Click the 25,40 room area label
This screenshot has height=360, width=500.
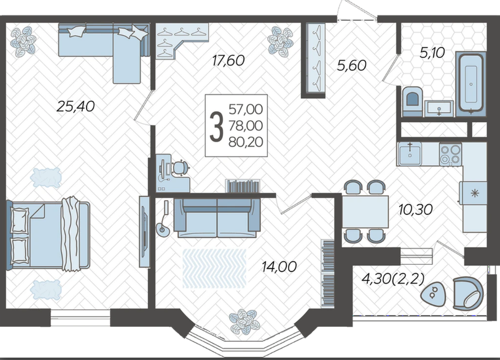[76, 106]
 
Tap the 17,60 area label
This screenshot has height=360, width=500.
[228, 60]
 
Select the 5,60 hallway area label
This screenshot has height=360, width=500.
[352, 65]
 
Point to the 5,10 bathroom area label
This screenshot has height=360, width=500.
[432, 52]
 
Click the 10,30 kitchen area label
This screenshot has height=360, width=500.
[415, 209]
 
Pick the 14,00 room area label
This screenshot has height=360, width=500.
[279, 267]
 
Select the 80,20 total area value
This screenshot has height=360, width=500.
[246, 142]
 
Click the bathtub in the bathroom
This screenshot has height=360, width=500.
[471, 84]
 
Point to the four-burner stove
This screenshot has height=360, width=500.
[450, 154]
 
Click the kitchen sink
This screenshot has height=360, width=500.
[410, 154]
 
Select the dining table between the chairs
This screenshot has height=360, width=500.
[365, 212]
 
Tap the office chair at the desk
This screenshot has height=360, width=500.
[179, 167]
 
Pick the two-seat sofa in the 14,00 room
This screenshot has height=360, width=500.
[217, 218]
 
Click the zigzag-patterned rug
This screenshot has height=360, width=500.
[214, 269]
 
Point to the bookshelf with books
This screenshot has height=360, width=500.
[243, 186]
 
